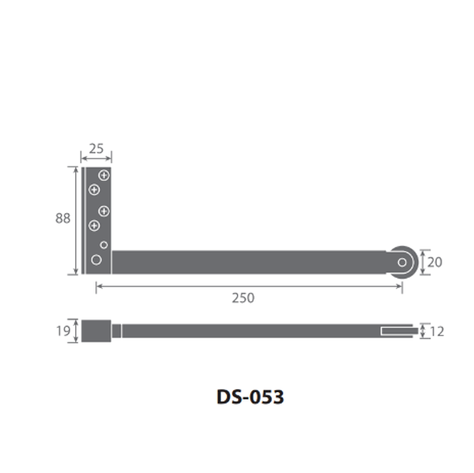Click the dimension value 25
(96, 149)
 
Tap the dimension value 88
(62, 218)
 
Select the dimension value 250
(243, 298)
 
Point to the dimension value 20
(434, 262)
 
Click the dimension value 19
(63, 331)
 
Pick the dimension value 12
(437, 332)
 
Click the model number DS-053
(250, 397)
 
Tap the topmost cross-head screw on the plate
(104, 175)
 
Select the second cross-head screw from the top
(94, 190)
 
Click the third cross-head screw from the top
(104, 211)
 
